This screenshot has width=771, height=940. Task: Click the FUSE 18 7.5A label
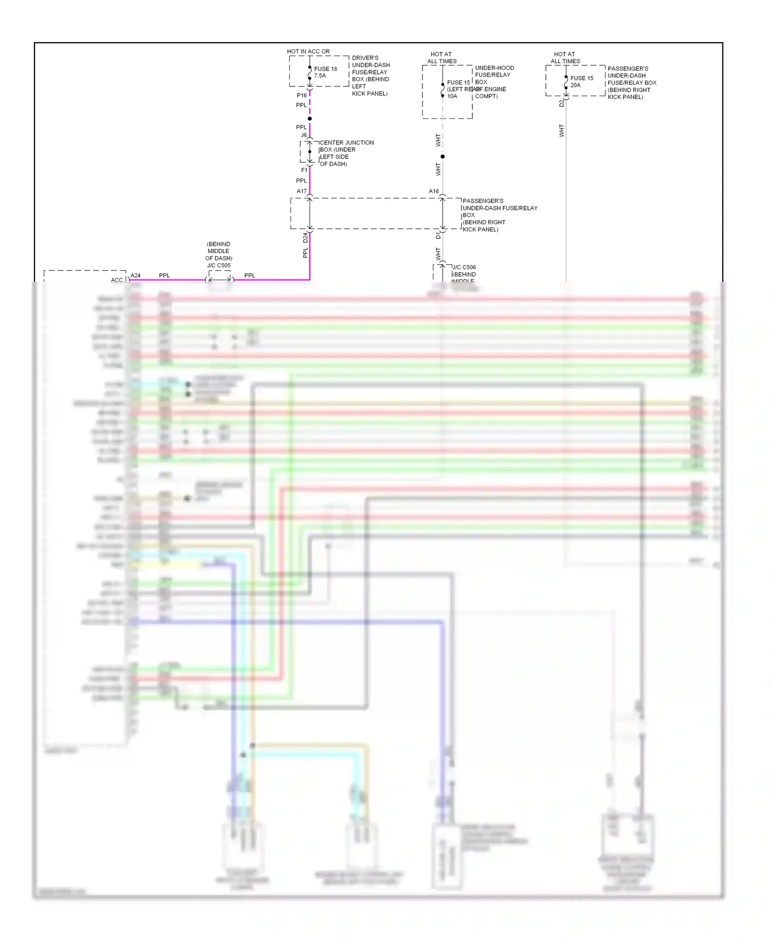tap(325, 72)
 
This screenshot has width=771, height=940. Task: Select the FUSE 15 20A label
tap(581, 81)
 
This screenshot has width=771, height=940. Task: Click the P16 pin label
tap(302, 95)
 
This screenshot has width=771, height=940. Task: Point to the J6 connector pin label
tap(304, 135)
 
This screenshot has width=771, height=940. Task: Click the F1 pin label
tap(304, 170)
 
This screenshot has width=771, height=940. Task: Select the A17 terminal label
tap(301, 191)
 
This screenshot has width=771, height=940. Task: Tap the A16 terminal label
tap(434, 191)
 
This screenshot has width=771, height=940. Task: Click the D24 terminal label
tap(305, 238)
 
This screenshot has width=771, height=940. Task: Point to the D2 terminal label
tap(561, 103)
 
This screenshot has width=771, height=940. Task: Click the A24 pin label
tap(135, 276)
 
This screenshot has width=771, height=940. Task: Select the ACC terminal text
tap(117, 280)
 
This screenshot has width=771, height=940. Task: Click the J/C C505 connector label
tap(219, 265)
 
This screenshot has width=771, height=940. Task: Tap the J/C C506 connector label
tap(464, 267)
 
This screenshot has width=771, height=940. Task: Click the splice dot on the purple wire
tap(309, 119)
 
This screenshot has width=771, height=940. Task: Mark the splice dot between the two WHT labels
tap(443, 156)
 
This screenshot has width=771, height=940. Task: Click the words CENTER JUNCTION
tap(347, 142)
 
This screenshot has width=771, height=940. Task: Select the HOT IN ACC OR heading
tap(308, 51)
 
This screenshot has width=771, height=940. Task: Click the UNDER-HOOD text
tap(494, 68)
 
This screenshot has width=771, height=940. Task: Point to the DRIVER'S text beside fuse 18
tap(365, 58)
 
